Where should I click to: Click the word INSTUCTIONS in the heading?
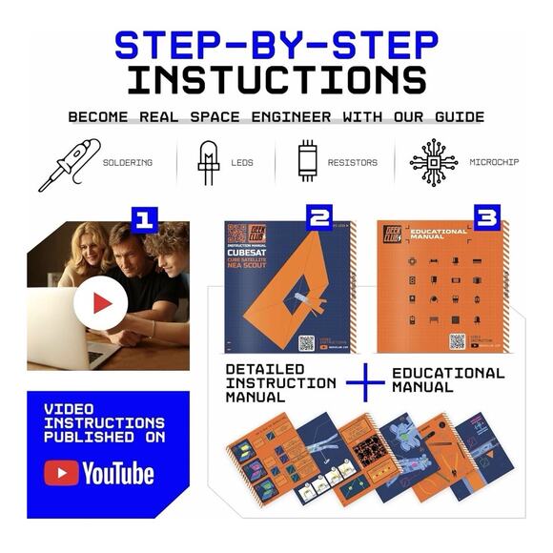(x=276, y=79)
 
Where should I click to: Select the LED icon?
(x=208, y=163)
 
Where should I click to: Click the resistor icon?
(x=306, y=163)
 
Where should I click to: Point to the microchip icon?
(x=433, y=163)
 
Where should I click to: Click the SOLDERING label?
(x=128, y=163)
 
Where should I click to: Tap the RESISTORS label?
(x=352, y=163)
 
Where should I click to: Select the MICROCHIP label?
(x=494, y=163)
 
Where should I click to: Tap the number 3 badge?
(x=486, y=218)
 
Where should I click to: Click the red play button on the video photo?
(x=101, y=304)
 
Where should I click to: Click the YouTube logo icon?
(x=62, y=472)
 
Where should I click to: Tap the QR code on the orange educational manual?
(x=458, y=340)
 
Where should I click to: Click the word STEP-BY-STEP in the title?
(x=276, y=44)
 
